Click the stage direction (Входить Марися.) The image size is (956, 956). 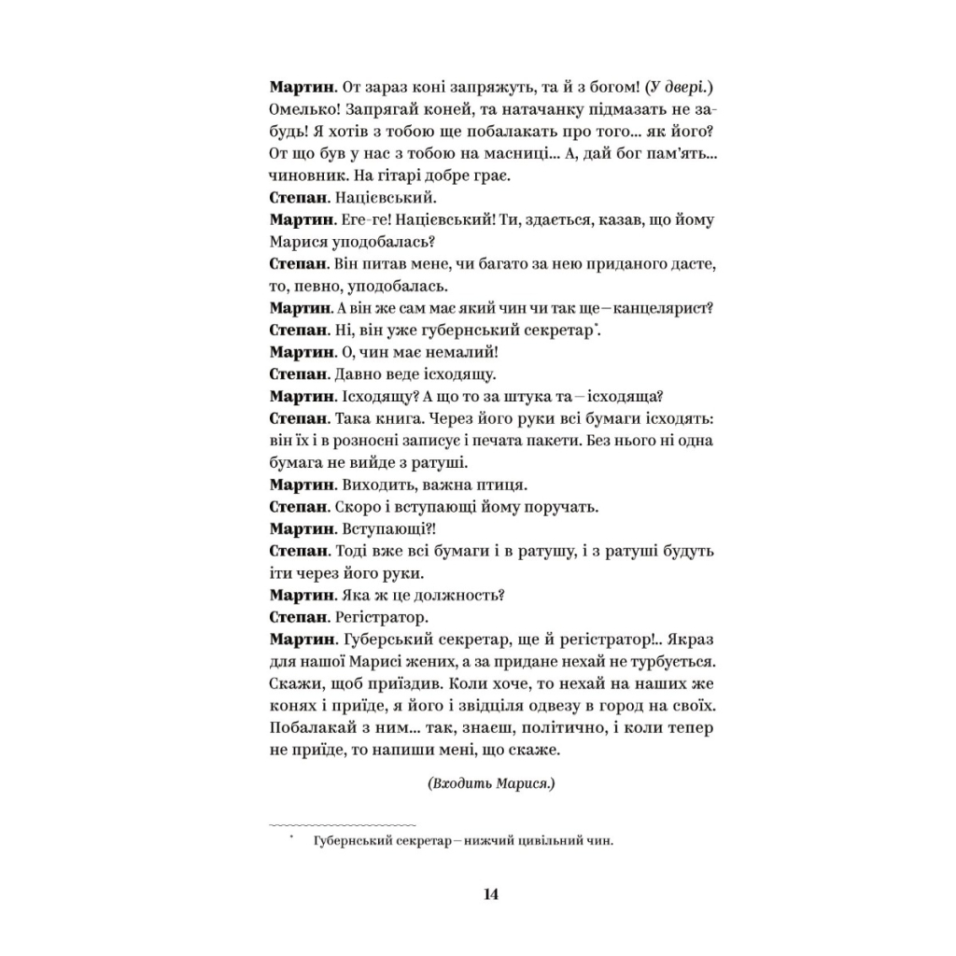click(x=491, y=783)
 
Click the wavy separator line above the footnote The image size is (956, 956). click(x=342, y=824)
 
